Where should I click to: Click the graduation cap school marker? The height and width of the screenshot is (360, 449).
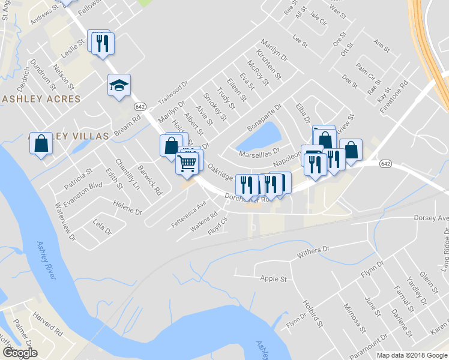pos(119,85)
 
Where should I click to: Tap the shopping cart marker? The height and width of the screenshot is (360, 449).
pos(187,161)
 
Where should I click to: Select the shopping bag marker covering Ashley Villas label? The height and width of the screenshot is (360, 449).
pos(41,143)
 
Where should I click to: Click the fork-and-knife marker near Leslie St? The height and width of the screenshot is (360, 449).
pos(103,44)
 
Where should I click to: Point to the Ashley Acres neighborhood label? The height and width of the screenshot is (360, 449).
pos(40,99)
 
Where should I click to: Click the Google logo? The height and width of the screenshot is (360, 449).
pos(19,353)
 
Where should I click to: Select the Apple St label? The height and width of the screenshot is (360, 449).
pos(273,278)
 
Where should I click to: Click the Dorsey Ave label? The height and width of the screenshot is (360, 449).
pos(431,218)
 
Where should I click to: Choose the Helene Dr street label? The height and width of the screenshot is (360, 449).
pos(127,208)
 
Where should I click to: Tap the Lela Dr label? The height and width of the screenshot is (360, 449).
pos(103,227)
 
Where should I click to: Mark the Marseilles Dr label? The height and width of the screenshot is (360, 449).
pos(259,154)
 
